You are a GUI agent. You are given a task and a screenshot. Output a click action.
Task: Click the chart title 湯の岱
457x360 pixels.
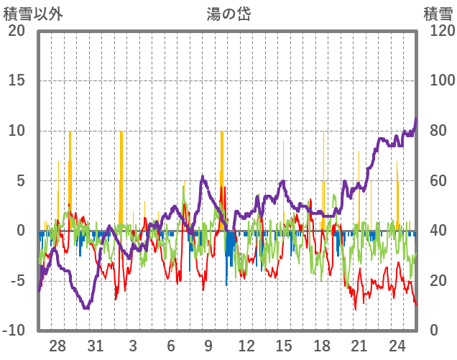[228, 14]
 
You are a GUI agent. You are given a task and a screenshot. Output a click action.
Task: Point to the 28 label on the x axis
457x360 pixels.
[58, 346]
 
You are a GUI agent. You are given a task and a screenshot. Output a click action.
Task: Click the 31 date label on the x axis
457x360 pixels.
[96, 346]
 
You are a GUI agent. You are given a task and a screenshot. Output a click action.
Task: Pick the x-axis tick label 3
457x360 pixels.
[134, 346]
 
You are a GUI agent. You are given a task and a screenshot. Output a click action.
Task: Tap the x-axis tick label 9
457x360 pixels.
[208, 346]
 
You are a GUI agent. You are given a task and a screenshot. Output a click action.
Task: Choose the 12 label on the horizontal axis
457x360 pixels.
[246, 346]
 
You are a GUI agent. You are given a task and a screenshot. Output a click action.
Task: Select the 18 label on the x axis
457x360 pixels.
[322, 346]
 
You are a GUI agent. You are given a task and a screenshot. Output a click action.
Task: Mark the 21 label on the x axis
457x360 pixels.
[359, 346]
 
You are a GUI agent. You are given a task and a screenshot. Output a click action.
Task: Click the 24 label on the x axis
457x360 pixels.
[397, 346]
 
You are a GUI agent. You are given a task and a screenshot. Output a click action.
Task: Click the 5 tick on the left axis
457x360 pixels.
[22, 181]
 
